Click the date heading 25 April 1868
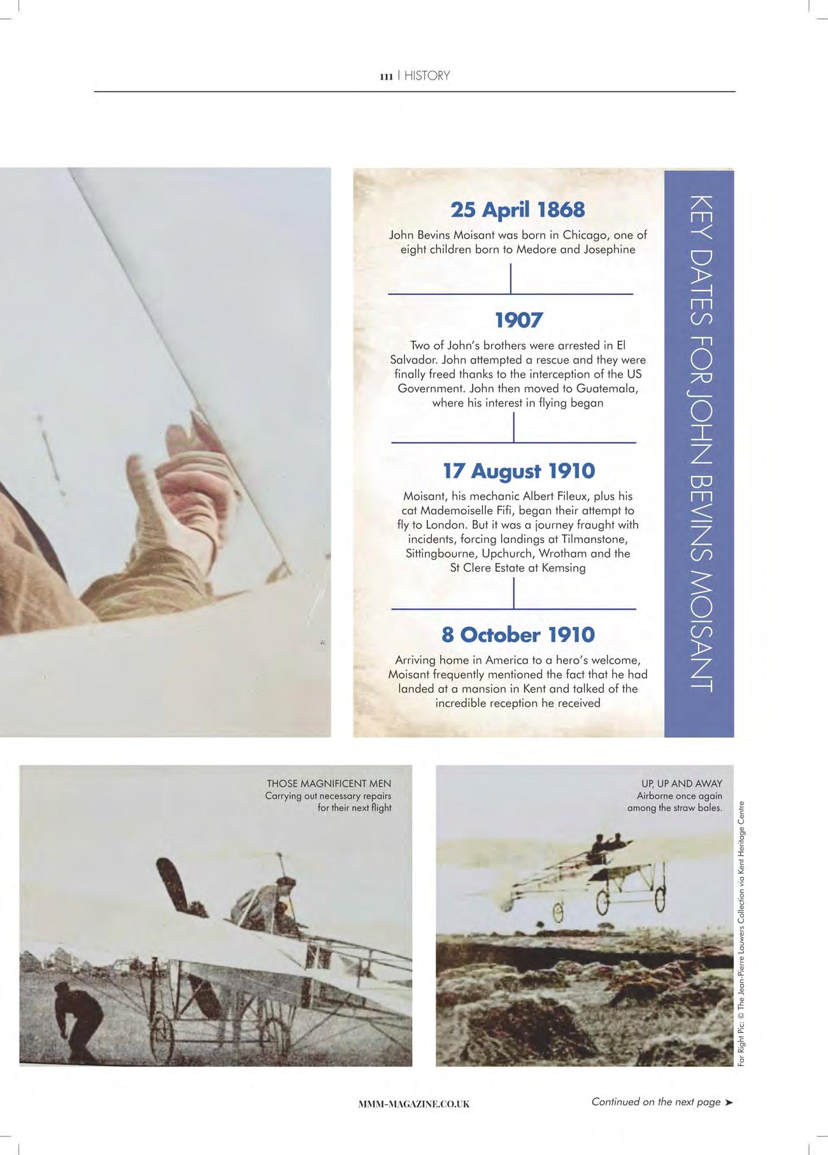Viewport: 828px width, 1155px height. point(517,210)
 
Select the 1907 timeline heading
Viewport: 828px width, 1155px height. point(518,320)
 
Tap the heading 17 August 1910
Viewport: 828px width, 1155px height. point(518,471)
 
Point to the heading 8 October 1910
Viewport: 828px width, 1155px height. point(518,635)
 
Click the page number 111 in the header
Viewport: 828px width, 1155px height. point(385,76)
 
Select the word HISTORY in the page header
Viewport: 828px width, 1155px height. point(427,76)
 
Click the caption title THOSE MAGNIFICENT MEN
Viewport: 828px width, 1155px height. point(329,784)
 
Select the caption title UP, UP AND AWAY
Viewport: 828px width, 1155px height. point(682,784)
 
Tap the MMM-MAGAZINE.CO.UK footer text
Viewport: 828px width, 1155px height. point(414,1104)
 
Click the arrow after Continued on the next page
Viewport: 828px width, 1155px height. point(729,1102)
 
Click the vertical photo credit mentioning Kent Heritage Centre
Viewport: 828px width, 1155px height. point(741,936)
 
